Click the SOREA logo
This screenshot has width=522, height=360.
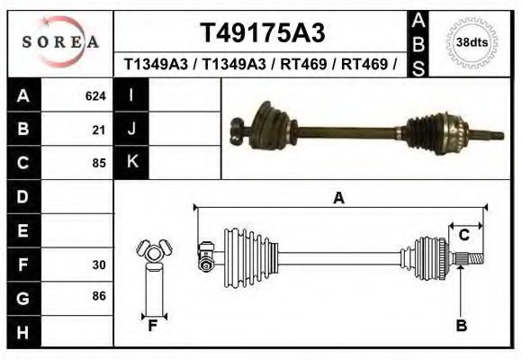pyautogui.click(x=60, y=42)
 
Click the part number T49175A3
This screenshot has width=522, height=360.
pyautogui.click(x=261, y=32)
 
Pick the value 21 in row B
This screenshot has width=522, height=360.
pyautogui.click(x=99, y=130)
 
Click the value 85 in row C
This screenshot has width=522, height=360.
pyautogui.click(x=99, y=163)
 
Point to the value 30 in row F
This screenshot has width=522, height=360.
pyautogui.click(x=99, y=265)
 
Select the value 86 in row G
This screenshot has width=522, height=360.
pyautogui.click(x=99, y=296)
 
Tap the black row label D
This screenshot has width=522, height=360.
pyautogui.click(x=22, y=196)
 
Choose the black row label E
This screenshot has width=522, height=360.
pyautogui.click(x=22, y=230)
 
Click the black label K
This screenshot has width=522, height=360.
pyautogui.click(x=131, y=162)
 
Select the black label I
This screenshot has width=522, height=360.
pyautogui.click(x=131, y=95)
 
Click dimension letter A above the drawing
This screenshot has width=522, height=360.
pyautogui.click(x=338, y=198)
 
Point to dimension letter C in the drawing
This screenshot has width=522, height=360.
pyautogui.click(x=463, y=236)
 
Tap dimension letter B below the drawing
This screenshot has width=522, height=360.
pyautogui.click(x=461, y=326)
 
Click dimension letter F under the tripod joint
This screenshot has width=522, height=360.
pyautogui.click(x=153, y=326)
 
